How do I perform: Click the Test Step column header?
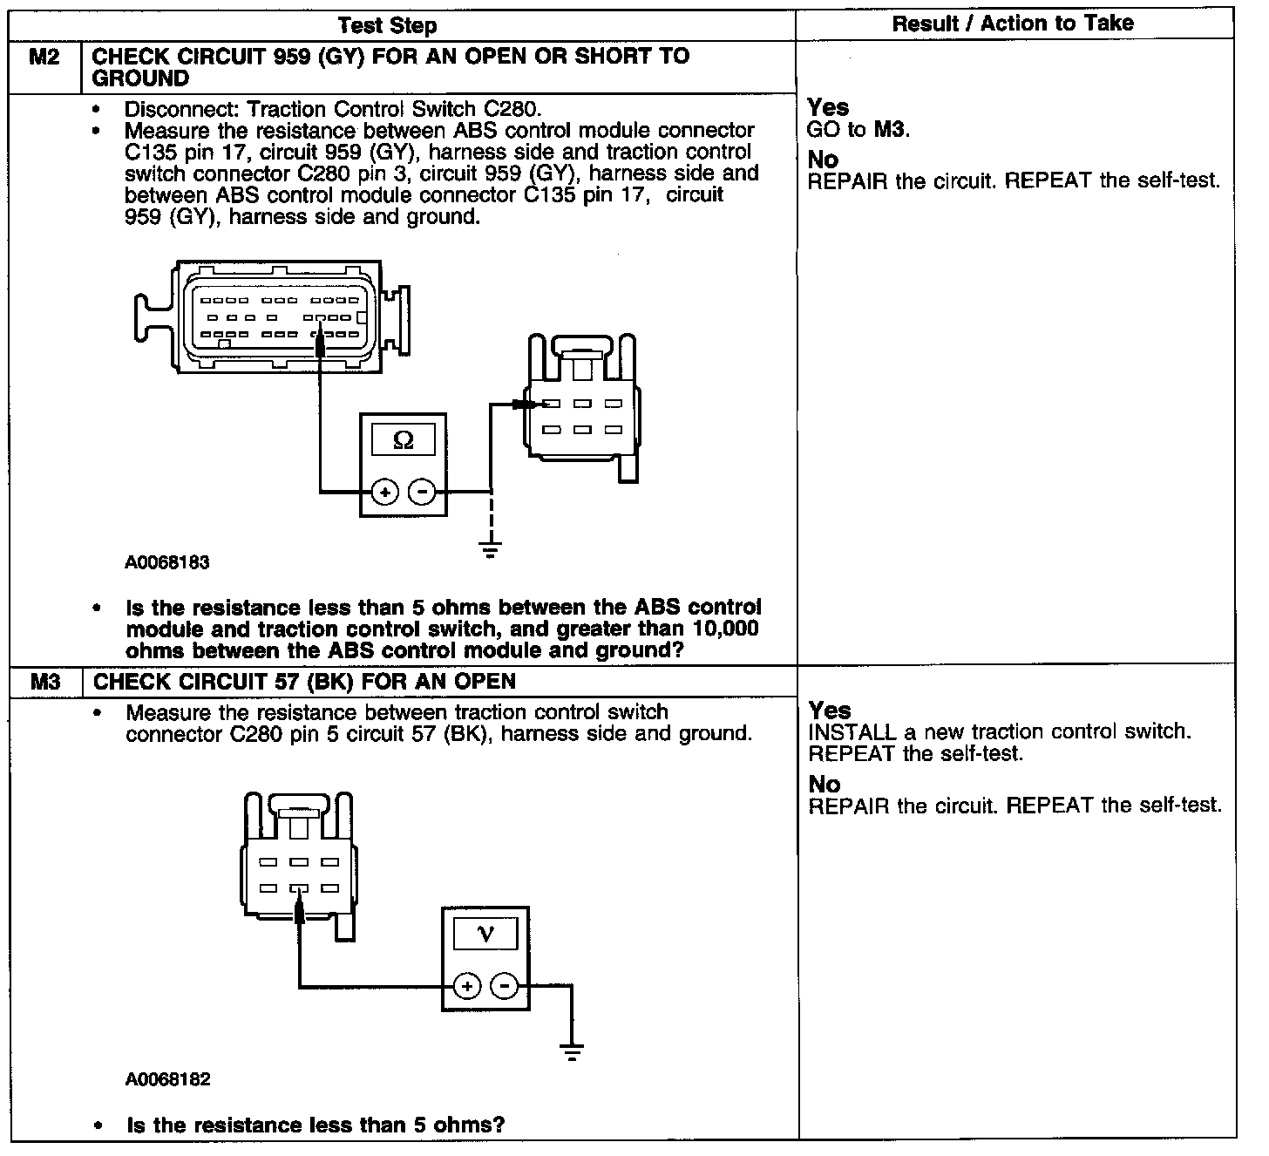click(387, 26)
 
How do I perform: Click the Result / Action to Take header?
click(1013, 24)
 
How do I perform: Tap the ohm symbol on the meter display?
click(404, 440)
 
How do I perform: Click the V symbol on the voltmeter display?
click(485, 935)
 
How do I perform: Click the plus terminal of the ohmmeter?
click(384, 493)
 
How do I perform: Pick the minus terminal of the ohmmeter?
click(423, 493)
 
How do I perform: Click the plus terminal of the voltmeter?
click(467, 987)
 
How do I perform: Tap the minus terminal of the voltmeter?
click(505, 987)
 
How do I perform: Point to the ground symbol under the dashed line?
click(491, 550)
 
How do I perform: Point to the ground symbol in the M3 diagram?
click(572, 1051)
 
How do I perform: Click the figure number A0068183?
click(167, 563)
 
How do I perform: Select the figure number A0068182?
click(167, 1080)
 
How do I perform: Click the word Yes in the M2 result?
click(828, 108)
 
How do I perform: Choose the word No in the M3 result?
click(824, 785)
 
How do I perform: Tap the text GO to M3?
click(859, 131)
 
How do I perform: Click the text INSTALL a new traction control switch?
click(1000, 732)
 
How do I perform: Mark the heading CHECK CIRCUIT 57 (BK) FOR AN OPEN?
click(304, 682)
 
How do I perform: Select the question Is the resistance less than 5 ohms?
click(316, 1125)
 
